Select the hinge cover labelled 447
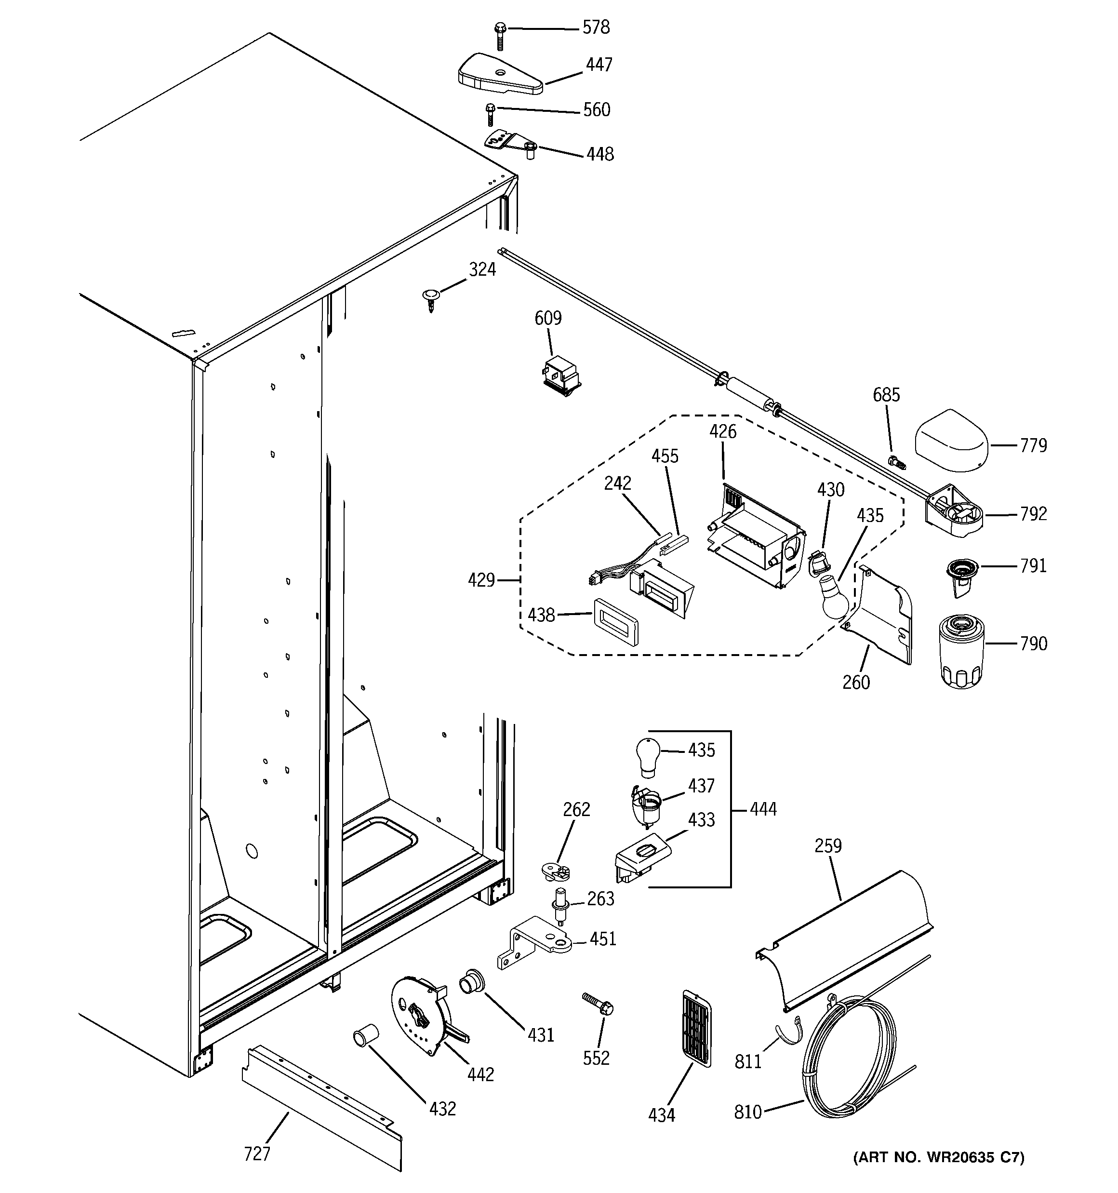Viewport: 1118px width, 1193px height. point(499,74)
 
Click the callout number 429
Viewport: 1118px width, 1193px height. point(481,580)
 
